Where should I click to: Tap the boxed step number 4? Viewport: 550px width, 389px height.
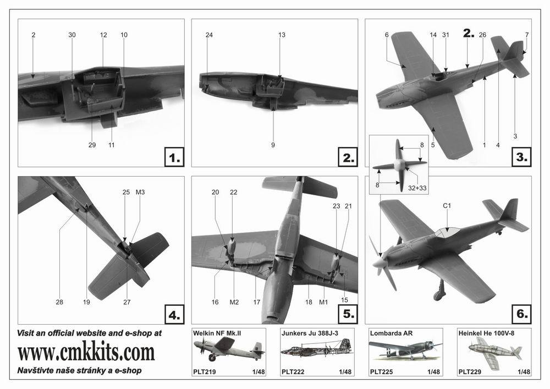point(174,315)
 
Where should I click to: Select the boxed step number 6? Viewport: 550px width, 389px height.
point(522,314)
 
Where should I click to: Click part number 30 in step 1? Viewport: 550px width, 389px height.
point(72,35)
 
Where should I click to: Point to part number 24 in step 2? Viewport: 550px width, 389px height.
point(209,35)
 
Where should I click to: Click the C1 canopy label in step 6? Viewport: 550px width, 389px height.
point(447,206)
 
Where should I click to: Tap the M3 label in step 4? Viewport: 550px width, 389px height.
point(140,192)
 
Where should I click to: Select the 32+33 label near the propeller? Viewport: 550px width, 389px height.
point(417,188)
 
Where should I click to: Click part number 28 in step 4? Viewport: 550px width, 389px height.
point(59,302)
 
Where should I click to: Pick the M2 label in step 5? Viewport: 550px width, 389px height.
point(234,302)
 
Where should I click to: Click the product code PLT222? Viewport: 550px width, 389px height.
point(293,372)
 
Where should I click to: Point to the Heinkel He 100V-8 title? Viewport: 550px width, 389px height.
point(487,333)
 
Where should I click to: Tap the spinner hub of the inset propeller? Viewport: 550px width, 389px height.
point(399,165)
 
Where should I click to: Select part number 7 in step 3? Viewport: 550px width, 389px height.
point(527,35)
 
